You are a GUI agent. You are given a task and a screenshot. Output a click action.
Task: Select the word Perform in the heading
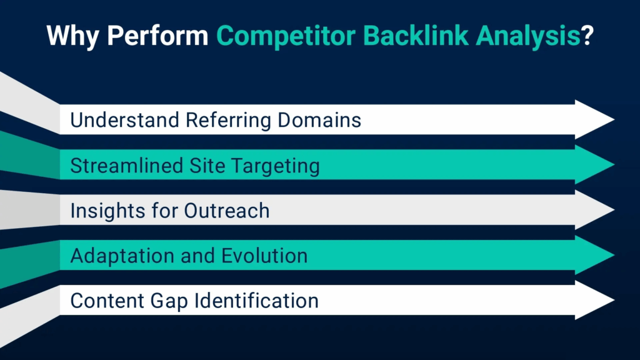tap(157, 36)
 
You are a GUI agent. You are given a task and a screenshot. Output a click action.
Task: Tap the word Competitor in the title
tap(286, 36)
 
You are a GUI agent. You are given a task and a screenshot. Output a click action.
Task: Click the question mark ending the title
tap(587, 36)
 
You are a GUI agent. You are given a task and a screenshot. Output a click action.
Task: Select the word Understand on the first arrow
tap(124, 120)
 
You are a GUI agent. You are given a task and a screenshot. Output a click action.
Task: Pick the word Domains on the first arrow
tap(319, 120)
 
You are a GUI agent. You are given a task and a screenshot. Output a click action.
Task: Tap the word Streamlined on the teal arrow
tap(126, 166)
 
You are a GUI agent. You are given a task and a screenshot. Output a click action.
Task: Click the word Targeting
tap(275, 166)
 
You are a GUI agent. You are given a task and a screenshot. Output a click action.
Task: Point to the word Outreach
tap(226, 211)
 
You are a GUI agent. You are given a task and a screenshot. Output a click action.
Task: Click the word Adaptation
tap(122, 256)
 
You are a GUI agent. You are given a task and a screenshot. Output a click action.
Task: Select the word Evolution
tap(264, 256)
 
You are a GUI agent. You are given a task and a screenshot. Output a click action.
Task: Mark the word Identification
tap(256, 301)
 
